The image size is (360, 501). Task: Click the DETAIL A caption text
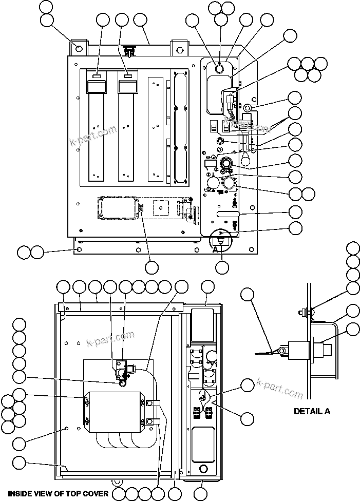click(x=312, y=411)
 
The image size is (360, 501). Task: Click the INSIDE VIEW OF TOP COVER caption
click(x=58, y=494)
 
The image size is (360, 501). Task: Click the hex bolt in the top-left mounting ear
click(x=79, y=49)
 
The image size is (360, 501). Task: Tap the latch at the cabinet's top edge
click(x=130, y=50)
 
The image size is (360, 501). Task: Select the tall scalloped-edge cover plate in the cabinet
click(x=178, y=126)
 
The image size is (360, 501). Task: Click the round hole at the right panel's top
click(x=219, y=68)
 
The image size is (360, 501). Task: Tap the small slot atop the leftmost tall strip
click(x=96, y=76)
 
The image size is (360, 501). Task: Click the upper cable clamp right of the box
click(x=153, y=403)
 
